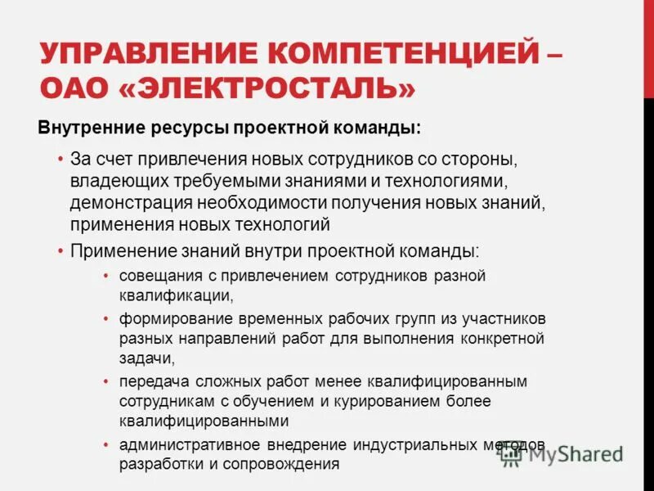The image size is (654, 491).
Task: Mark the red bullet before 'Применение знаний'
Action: [61, 250]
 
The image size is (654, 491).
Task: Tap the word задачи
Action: [146, 358]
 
